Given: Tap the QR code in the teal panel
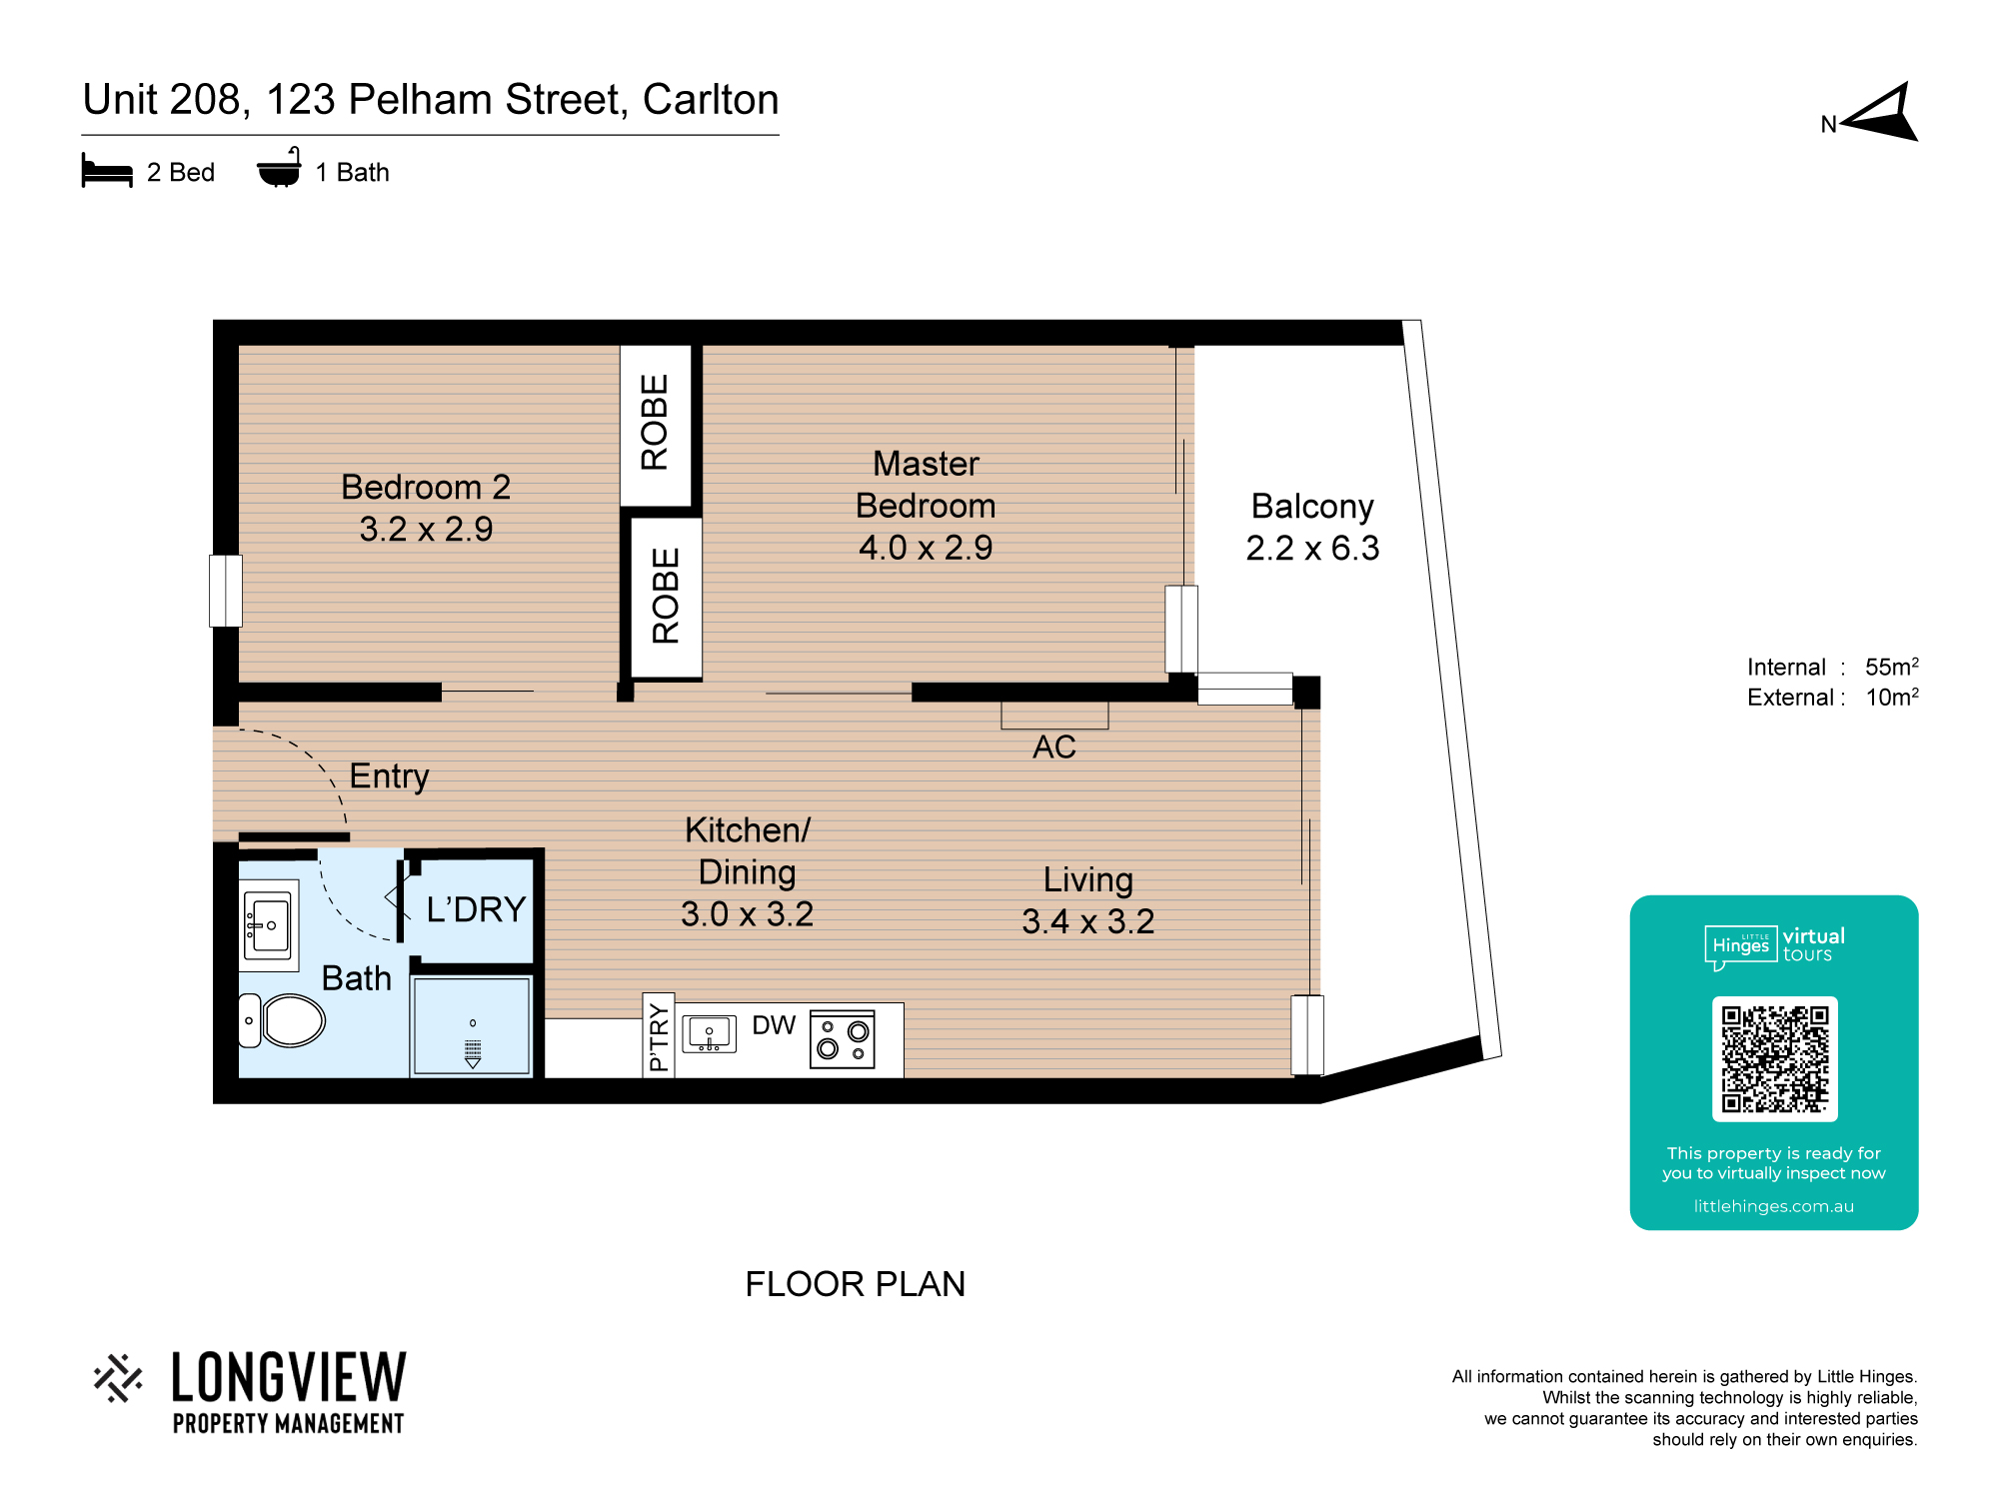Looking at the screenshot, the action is pyautogui.click(x=1774, y=1058).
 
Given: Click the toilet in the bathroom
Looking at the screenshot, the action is pyautogui.click(x=282, y=1020).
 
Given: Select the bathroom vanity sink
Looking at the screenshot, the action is pyautogui.click(x=268, y=925).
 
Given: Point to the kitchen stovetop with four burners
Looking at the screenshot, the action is pyautogui.click(x=842, y=1039).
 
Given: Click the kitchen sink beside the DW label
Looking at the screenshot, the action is pyautogui.click(x=709, y=1034).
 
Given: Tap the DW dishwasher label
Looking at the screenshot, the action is pyautogui.click(x=774, y=1025).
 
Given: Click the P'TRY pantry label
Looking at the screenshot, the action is pyautogui.click(x=659, y=1037).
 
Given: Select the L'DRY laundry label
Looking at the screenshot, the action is pyautogui.click(x=476, y=909).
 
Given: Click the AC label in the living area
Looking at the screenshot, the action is pyautogui.click(x=1054, y=747).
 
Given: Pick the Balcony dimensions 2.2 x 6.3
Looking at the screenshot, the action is pyautogui.click(x=1312, y=548).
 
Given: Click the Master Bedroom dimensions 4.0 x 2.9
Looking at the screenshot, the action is pyautogui.click(x=926, y=548).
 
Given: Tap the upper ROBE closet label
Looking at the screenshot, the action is pyautogui.click(x=655, y=422).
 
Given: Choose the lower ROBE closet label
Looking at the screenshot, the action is pyautogui.click(x=666, y=596).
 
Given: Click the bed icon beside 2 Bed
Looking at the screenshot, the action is pyautogui.click(x=107, y=170).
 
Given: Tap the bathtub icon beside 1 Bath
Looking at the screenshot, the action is pyautogui.click(x=279, y=168).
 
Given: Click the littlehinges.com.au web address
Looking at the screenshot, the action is pyautogui.click(x=1774, y=1206).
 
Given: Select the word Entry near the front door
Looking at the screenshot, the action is pyautogui.click(x=390, y=776).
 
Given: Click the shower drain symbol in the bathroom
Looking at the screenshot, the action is pyautogui.click(x=473, y=1050).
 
